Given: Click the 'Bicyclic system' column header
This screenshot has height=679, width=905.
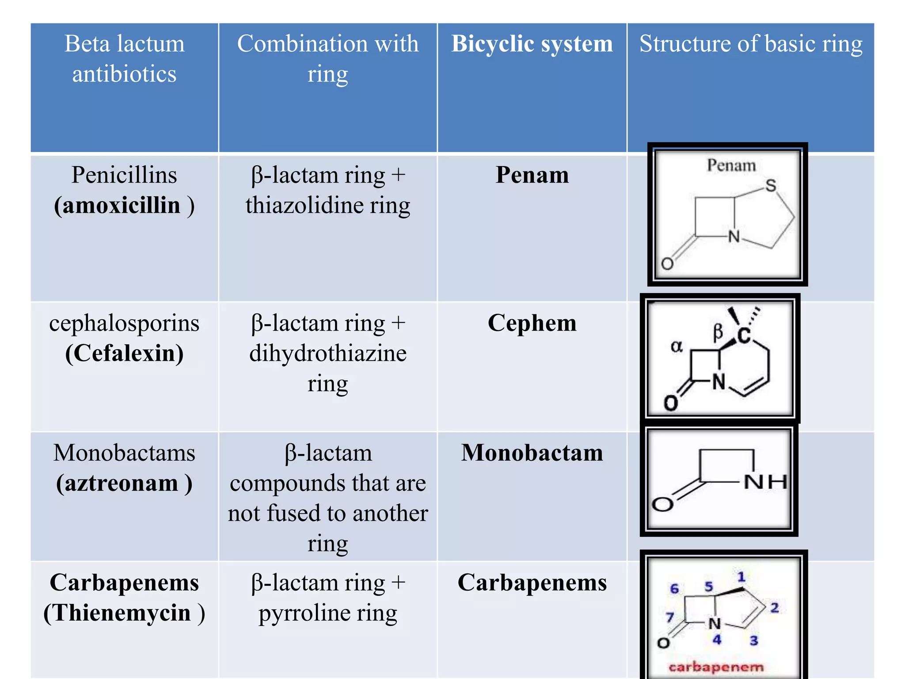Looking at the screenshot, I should click(x=532, y=44).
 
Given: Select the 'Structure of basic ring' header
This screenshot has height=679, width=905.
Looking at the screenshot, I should click(x=751, y=44).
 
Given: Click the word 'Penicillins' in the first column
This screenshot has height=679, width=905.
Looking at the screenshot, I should click(x=124, y=175).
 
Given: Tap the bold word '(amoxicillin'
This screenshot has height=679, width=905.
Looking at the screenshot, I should click(x=117, y=205).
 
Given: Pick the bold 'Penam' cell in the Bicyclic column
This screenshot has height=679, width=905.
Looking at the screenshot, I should click(x=532, y=175).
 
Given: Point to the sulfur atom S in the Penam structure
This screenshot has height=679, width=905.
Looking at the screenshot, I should click(x=771, y=186).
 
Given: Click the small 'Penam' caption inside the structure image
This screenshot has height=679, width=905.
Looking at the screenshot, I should click(x=731, y=165).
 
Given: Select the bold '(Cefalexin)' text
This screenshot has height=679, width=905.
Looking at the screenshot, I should click(x=124, y=353).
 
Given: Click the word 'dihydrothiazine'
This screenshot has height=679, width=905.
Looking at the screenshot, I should click(x=328, y=353).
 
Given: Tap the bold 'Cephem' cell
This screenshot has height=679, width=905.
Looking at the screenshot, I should click(x=532, y=323).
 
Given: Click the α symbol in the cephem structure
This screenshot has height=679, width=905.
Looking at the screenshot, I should click(x=677, y=346).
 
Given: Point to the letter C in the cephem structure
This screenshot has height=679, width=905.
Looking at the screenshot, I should click(x=745, y=336).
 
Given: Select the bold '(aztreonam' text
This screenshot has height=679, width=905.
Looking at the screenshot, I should click(x=117, y=483).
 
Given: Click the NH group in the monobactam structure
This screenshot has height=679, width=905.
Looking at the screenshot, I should click(x=765, y=481).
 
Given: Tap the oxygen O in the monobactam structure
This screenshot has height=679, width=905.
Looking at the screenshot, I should click(x=662, y=504).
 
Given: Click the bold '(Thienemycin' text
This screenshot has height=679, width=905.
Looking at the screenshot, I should click(x=117, y=613).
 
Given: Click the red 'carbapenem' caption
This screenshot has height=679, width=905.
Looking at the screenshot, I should click(x=716, y=667).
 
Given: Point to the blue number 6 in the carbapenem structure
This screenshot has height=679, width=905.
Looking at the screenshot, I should click(x=674, y=588).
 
